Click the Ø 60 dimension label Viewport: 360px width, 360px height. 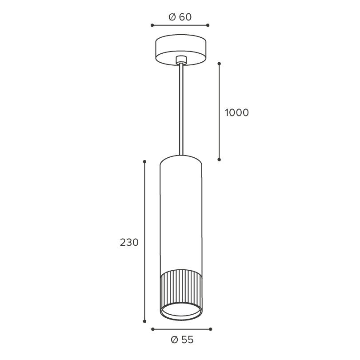tap(180, 17)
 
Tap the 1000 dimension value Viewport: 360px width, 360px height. tap(237, 113)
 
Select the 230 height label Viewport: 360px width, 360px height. tap(129, 243)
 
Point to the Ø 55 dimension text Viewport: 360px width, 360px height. tap(182, 340)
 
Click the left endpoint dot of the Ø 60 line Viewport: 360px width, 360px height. tap(152, 25)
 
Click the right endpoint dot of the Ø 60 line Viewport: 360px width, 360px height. tap(208, 25)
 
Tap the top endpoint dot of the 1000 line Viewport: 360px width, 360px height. tap(219, 64)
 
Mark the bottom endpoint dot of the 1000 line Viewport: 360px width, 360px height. tap(219, 160)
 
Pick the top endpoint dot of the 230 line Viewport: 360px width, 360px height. tap(144, 162)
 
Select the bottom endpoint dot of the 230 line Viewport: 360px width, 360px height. tap(144, 321)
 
